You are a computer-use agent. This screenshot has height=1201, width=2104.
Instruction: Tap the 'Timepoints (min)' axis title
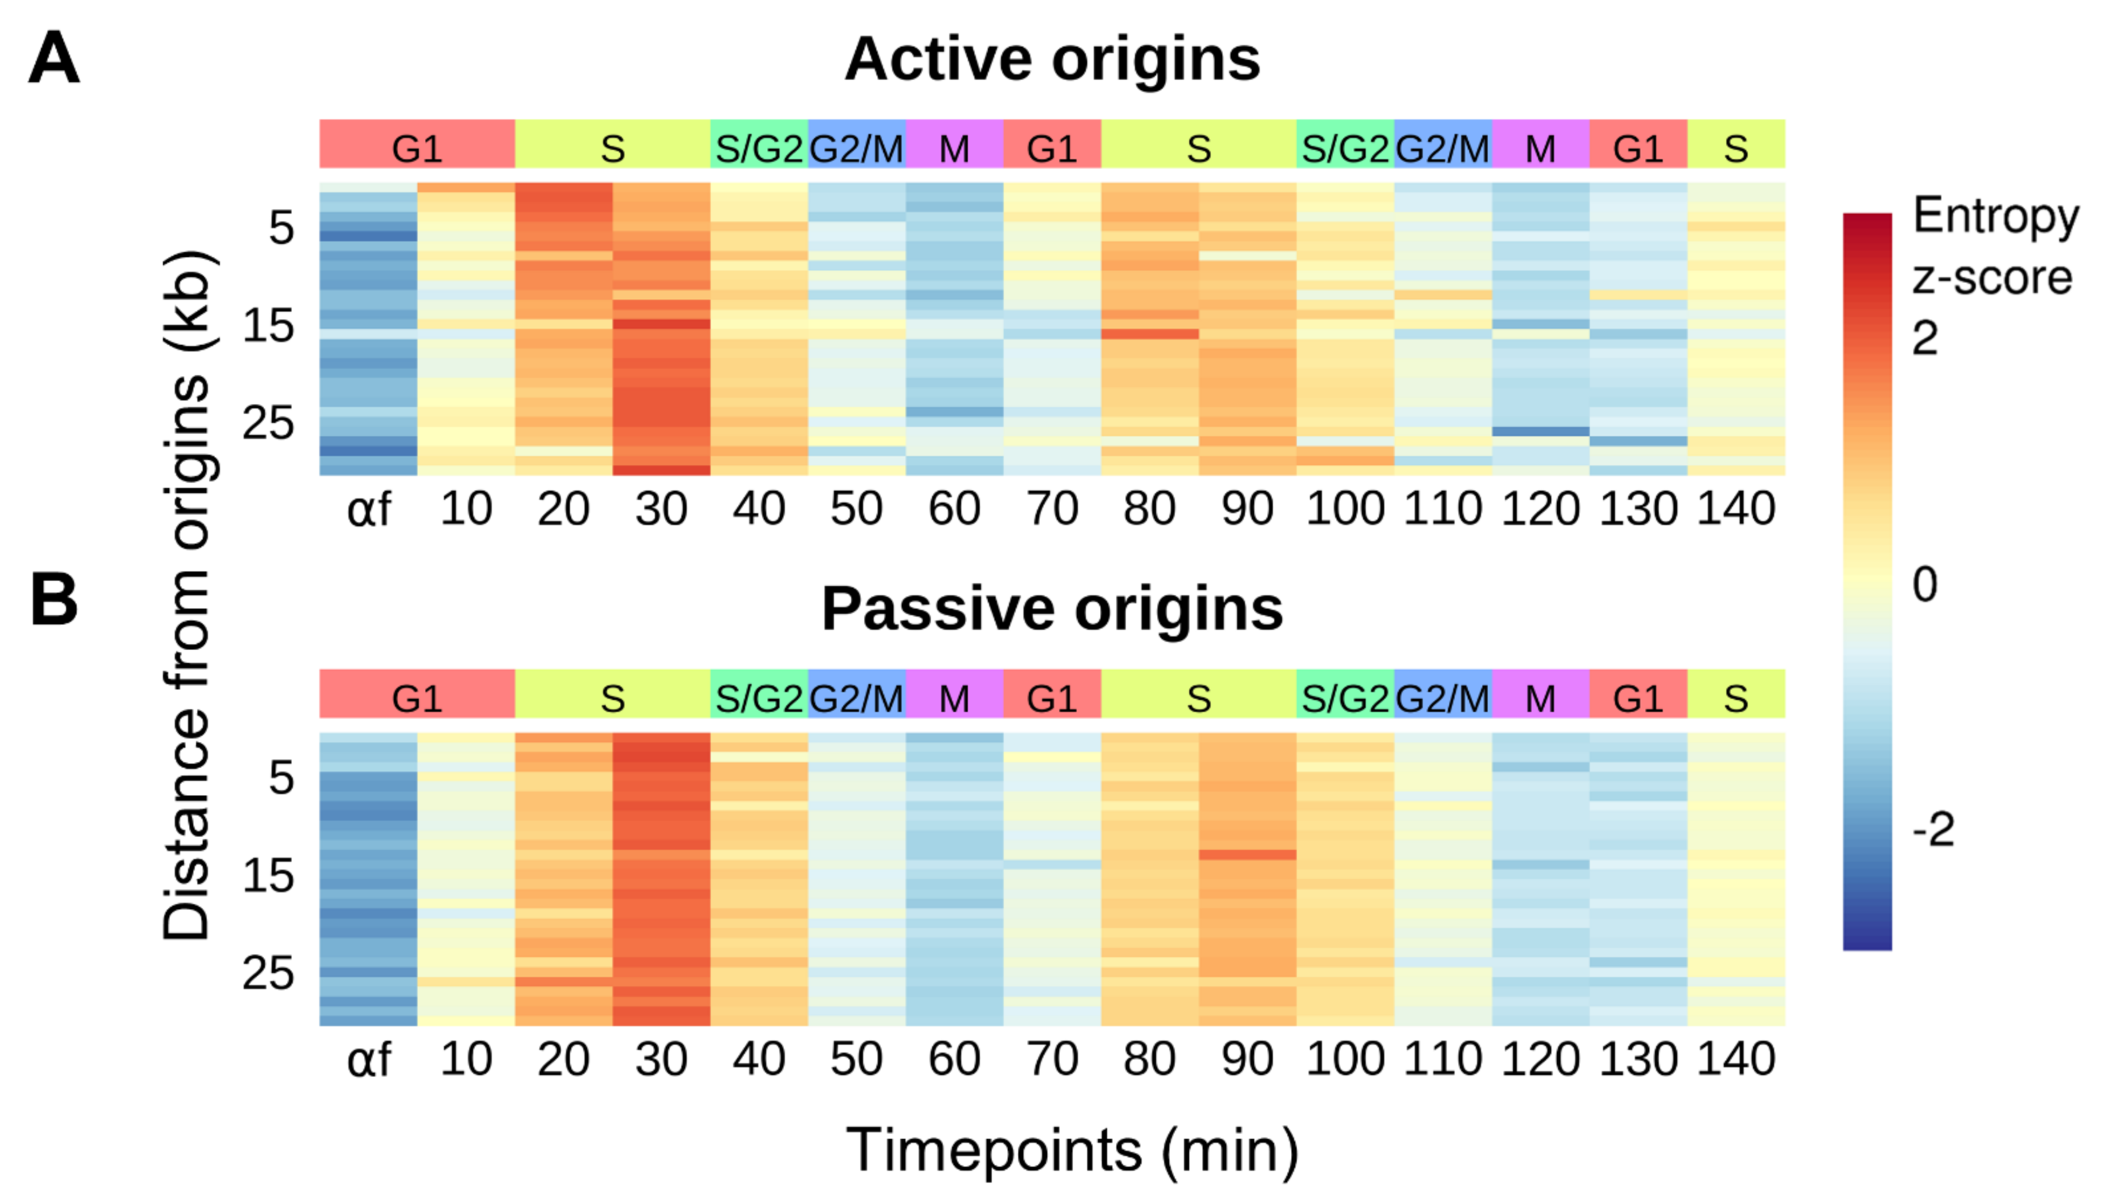point(1072,1150)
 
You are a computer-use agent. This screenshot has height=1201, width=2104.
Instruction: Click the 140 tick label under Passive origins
point(1735,1059)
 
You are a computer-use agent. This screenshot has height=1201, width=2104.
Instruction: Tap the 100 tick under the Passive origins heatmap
point(1345,1059)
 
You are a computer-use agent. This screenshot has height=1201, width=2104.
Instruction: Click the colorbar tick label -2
point(1932,829)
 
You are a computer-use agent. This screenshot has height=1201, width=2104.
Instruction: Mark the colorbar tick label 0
point(1924,584)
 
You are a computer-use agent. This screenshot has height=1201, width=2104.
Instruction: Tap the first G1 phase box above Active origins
point(417,145)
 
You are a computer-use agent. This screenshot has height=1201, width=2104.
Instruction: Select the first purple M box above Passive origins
point(954,694)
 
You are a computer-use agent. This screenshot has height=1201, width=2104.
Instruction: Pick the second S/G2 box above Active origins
point(1345,145)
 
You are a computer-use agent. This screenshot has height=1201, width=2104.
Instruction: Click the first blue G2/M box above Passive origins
point(856,694)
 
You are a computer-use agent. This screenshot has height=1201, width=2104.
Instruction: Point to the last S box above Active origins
point(1735,145)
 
